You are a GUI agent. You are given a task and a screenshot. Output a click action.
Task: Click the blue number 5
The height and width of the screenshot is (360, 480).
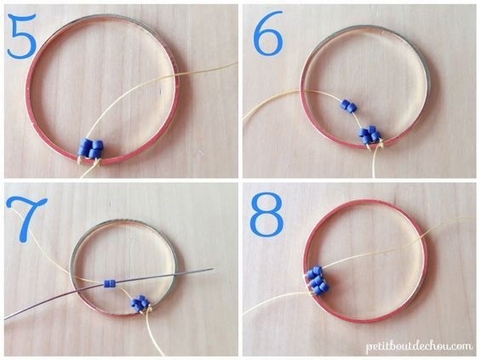(x=21, y=36)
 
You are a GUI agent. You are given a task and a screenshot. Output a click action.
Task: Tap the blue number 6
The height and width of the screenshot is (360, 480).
(x=268, y=33)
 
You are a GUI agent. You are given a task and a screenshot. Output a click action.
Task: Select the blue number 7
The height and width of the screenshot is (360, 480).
(x=27, y=219)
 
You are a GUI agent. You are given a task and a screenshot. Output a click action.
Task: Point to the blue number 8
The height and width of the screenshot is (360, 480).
(x=266, y=214)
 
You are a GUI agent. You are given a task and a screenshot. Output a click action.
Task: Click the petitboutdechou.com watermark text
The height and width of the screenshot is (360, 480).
(x=419, y=346)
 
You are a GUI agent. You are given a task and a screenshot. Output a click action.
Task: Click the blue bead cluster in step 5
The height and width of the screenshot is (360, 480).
(x=91, y=148)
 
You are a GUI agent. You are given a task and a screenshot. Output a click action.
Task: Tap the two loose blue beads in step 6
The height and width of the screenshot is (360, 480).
(x=349, y=106)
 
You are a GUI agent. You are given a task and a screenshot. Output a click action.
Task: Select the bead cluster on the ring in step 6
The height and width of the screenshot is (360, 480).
(x=370, y=134)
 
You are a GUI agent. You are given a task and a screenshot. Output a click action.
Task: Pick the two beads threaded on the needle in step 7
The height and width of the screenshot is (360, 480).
(x=109, y=283)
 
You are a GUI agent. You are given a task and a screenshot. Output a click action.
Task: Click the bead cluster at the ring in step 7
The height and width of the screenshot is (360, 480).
(x=140, y=303)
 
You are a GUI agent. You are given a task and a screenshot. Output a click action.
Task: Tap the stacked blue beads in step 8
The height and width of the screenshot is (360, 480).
(x=317, y=280)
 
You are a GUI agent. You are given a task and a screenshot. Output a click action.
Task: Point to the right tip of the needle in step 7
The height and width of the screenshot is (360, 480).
(x=213, y=269)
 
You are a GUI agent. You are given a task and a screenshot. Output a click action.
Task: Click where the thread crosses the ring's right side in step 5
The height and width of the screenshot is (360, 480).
(x=177, y=77)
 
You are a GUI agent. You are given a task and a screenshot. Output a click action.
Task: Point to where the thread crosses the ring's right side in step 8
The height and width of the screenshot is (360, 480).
(x=425, y=237)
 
